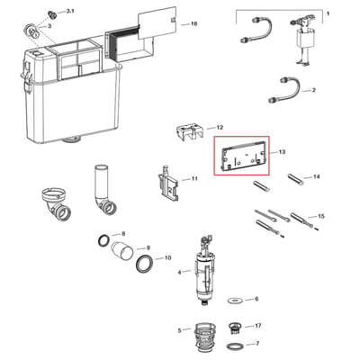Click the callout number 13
pos(282,152)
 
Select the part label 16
pos(194,23)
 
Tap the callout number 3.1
pos(70,11)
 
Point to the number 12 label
pos(220,128)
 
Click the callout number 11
pos(194,179)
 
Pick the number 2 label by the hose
pos(314,90)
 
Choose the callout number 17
pos(258,326)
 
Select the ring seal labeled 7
pos(234,346)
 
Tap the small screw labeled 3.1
pos(52,15)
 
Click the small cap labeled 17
pos(234,328)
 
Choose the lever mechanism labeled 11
pos(168,184)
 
